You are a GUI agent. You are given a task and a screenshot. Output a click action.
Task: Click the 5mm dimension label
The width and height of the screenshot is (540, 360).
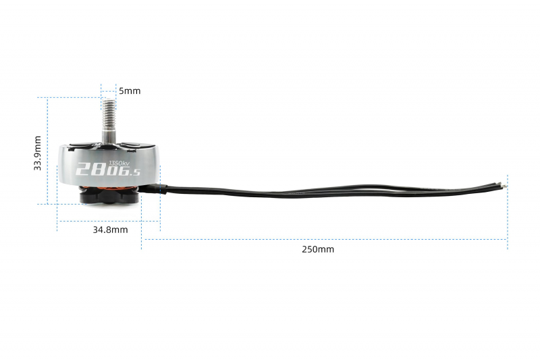[130, 91]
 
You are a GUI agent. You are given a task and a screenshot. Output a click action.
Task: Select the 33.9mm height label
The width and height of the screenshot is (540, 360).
[38, 153]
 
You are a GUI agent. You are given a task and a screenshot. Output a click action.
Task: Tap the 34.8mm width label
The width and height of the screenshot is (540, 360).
[110, 230]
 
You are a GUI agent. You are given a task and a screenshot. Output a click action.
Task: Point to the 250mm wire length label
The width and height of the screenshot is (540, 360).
[318, 249]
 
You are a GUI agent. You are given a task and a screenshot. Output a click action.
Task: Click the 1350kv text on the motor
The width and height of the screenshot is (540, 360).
[119, 163]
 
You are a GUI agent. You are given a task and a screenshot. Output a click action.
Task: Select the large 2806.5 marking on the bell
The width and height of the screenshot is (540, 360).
[108, 169]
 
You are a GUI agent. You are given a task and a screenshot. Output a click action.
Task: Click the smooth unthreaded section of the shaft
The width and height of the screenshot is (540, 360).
[109, 135]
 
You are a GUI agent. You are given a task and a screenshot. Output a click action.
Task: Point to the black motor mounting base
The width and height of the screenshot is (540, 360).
[109, 197]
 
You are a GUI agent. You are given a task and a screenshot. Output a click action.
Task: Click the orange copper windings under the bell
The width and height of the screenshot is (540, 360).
[109, 188]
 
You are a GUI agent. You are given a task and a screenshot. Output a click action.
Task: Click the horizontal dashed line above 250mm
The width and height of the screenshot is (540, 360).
[325, 239]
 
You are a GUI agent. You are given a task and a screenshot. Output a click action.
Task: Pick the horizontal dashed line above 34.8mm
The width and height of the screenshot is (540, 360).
[109, 221]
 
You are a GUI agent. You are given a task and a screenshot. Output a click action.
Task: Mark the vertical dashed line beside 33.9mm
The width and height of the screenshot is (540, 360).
[47, 151]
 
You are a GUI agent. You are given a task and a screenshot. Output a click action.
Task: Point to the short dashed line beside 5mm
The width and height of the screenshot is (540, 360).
[109, 92]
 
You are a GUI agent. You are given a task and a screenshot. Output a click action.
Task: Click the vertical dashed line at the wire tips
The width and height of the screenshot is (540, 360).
[508, 212]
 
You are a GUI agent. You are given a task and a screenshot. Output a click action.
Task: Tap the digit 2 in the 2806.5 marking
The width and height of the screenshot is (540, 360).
[82, 169]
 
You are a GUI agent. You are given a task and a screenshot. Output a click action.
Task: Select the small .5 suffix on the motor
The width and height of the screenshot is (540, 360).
[134, 172]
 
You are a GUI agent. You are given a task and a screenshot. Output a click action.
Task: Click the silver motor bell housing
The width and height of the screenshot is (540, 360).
[109, 164]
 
